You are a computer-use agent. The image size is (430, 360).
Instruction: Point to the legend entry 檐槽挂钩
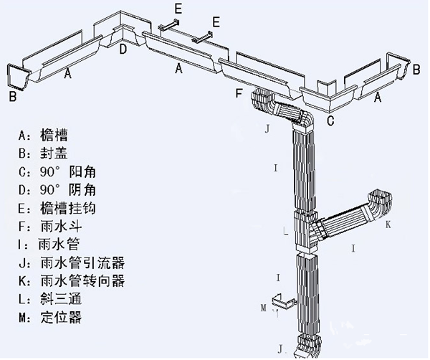point(64,209)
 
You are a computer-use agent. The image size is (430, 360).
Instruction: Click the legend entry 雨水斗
point(57,227)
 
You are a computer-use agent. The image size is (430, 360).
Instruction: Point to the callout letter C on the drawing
point(330,120)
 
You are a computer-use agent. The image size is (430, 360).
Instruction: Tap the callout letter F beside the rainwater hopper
point(239,93)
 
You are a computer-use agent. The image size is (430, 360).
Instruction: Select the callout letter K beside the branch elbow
point(388,224)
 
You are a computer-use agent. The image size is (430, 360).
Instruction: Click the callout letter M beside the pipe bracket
point(264,308)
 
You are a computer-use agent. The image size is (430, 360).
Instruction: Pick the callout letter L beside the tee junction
point(285,232)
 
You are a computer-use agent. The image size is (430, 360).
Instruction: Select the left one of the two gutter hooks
point(170,27)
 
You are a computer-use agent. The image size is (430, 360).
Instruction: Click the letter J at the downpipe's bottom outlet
point(281,349)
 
